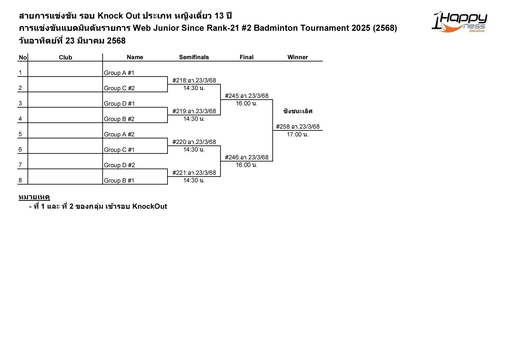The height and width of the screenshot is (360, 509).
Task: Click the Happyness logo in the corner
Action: (x=459, y=22)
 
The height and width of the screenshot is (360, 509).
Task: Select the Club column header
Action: (x=65, y=57)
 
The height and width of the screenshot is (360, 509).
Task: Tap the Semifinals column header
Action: (x=194, y=57)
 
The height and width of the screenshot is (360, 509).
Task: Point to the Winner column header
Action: (x=297, y=57)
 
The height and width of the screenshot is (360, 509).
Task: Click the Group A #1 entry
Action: (x=119, y=73)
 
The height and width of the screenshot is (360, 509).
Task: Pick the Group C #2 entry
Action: (x=119, y=88)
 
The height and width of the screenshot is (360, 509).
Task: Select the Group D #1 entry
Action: (x=119, y=104)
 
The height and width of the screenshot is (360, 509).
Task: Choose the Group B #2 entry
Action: (x=119, y=119)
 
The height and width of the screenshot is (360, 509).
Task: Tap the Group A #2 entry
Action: (x=119, y=134)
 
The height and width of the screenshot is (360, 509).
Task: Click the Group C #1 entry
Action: (x=119, y=150)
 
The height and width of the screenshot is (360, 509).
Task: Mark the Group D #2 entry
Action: (x=119, y=165)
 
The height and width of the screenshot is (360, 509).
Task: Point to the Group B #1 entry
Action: (x=119, y=181)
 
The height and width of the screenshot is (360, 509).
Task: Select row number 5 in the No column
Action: (x=20, y=134)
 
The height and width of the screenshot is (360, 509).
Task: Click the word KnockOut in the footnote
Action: (x=149, y=206)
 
